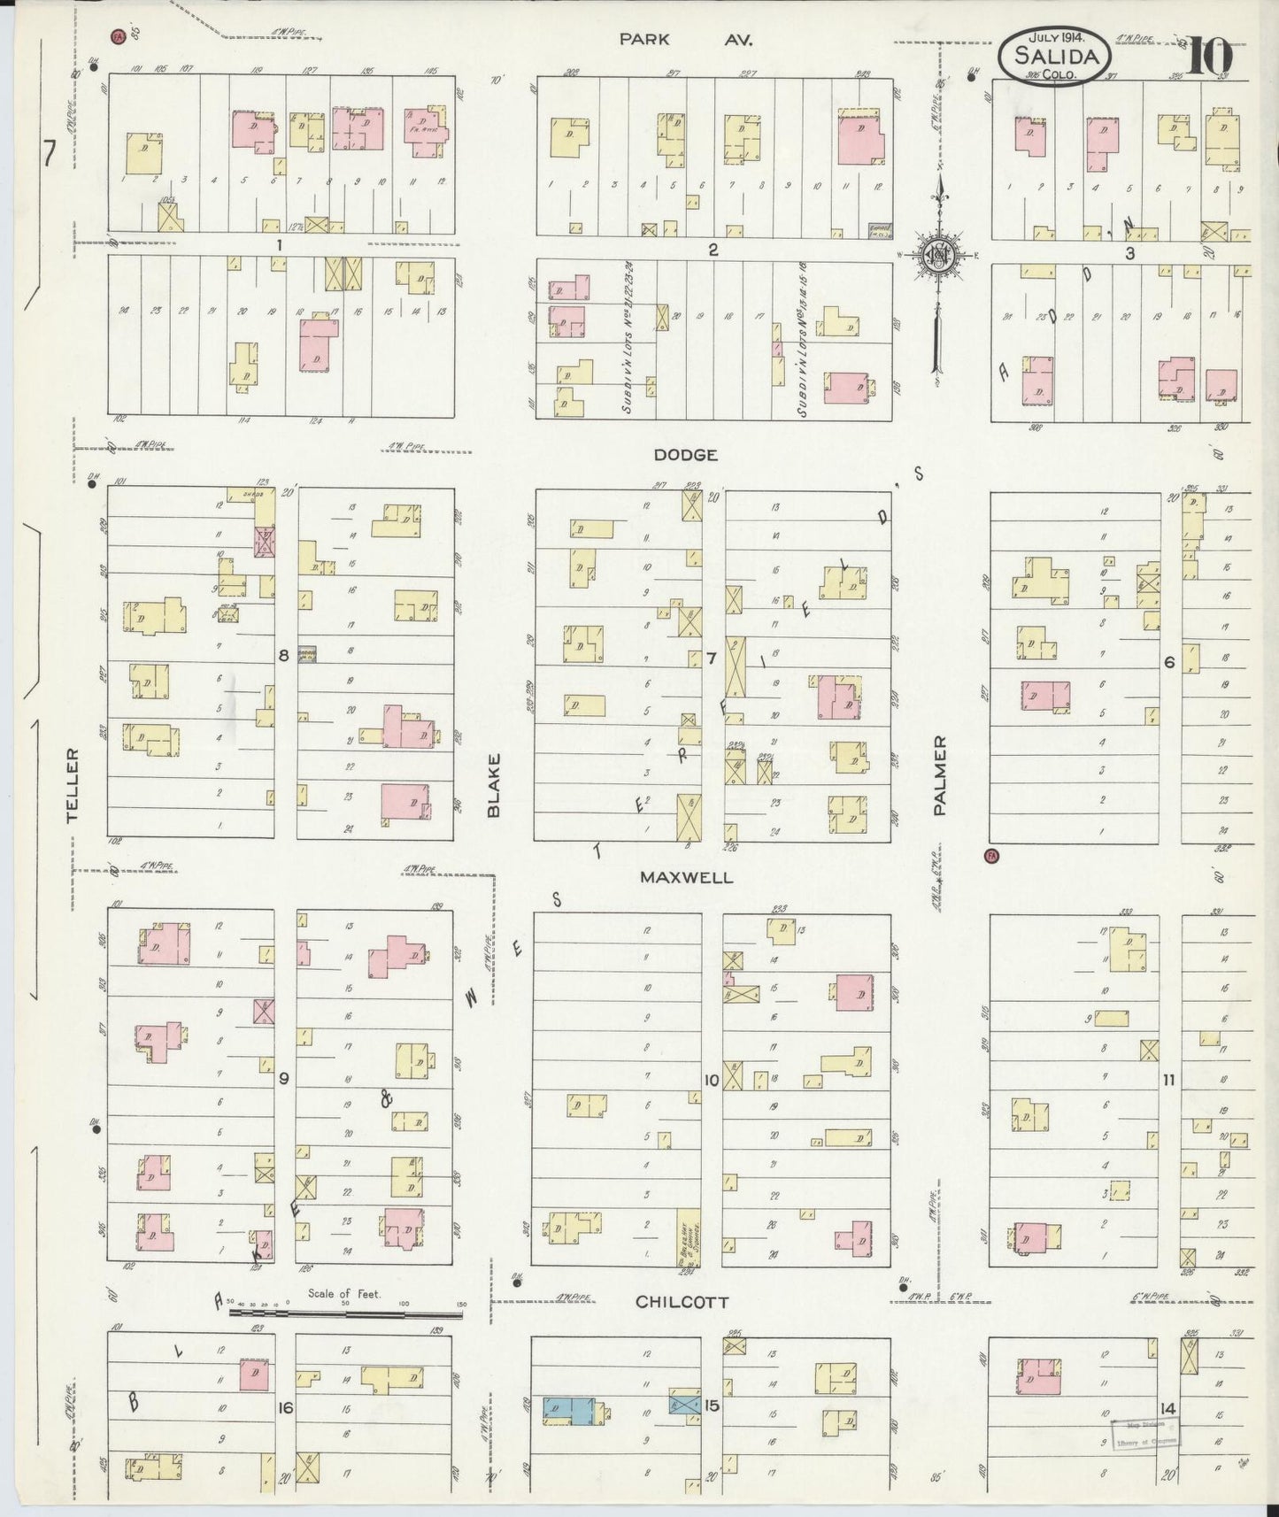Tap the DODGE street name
(685, 454)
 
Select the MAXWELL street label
(687, 877)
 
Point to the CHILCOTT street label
(682, 1302)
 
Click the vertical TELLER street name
(73, 785)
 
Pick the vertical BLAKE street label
(494, 785)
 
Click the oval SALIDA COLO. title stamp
(1053, 57)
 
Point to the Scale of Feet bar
(345, 1313)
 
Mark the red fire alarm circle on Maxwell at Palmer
(990, 856)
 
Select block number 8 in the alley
(284, 655)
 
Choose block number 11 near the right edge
(1168, 1079)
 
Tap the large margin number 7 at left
(50, 156)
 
